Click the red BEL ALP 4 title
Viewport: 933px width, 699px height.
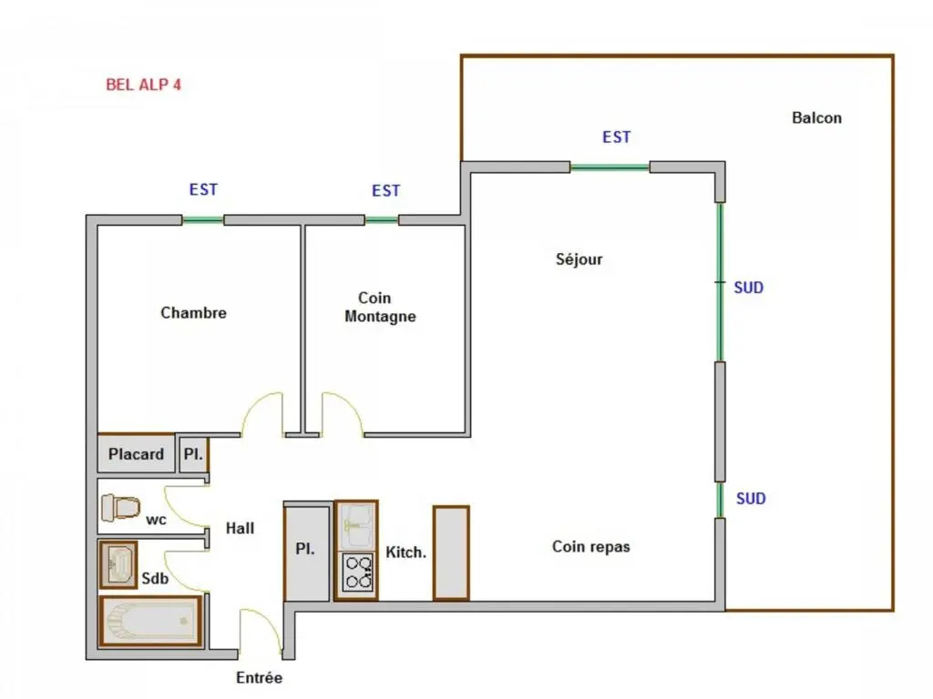pyautogui.click(x=143, y=85)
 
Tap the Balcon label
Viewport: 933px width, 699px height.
pyautogui.click(x=816, y=117)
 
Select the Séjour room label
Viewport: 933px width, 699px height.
pyautogui.click(x=579, y=259)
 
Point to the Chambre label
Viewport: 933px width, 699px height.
pyautogui.click(x=193, y=313)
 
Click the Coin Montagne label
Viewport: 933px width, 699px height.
pyautogui.click(x=380, y=307)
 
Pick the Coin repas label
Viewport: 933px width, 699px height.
pyautogui.click(x=590, y=547)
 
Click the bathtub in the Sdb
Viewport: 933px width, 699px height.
pyautogui.click(x=151, y=621)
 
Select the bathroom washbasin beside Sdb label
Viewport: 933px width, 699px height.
pyautogui.click(x=118, y=564)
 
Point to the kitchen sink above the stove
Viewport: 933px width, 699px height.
pyautogui.click(x=356, y=526)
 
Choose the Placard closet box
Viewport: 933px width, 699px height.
pyautogui.click(x=137, y=454)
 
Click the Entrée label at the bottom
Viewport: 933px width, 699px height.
pyautogui.click(x=259, y=677)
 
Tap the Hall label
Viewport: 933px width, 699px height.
pyautogui.click(x=240, y=528)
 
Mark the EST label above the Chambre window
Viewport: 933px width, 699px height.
pyautogui.click(x=203, y=189)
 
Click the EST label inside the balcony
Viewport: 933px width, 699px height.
pyautogui.click(x=617, y=137)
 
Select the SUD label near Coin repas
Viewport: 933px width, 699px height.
pyautogui.click(x=751, y=499)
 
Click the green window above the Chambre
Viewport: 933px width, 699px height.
pyautogui.click(x=203, y=220)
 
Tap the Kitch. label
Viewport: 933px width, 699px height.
pyautogui.click(x=405, y=552)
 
